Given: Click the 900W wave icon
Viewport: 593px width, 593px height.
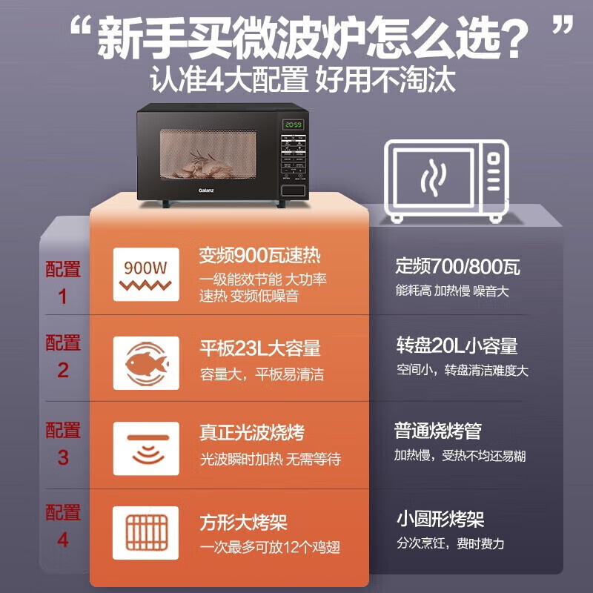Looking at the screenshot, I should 146,274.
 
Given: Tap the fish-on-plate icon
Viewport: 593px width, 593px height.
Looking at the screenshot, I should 146,362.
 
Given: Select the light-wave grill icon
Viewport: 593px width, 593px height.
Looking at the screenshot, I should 146,448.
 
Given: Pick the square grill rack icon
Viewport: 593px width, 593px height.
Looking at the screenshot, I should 146,533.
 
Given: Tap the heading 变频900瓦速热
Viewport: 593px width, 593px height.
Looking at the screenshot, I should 259,256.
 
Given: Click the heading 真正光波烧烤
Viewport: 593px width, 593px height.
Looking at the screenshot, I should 251,433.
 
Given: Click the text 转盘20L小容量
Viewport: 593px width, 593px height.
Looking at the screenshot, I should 457,345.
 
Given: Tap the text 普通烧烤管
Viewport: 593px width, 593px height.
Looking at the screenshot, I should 437,431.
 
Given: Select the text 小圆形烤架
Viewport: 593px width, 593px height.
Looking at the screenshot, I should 440,520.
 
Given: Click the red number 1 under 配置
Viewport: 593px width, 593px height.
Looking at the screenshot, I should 63,297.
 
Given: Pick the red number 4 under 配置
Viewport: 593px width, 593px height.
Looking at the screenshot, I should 63,540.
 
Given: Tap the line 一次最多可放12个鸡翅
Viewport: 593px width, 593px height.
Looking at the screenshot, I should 271,547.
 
